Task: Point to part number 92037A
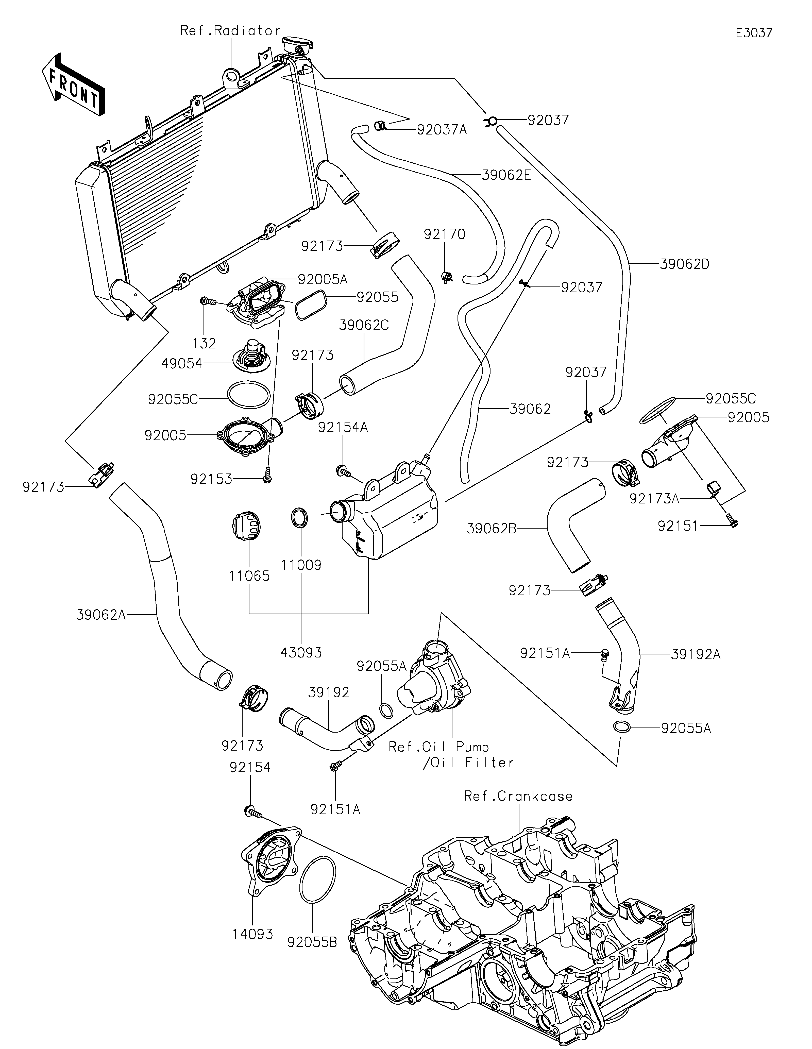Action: click(x=442, y=130)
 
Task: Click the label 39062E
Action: click(x=506, y=175)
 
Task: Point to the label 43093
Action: click(x=301, y=652)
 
